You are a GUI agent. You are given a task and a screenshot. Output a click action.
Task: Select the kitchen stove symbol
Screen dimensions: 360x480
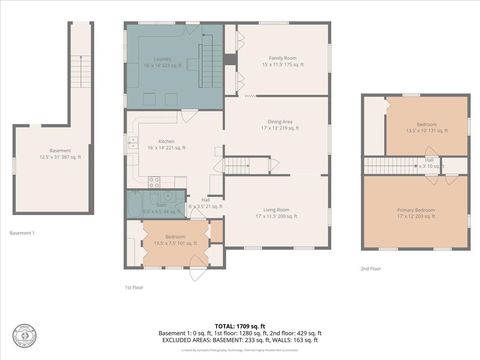[154, 182]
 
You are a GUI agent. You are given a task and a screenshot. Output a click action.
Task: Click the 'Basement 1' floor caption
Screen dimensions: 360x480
[22, 233]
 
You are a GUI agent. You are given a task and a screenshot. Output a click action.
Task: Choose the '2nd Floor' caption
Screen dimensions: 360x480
[372, 268]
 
